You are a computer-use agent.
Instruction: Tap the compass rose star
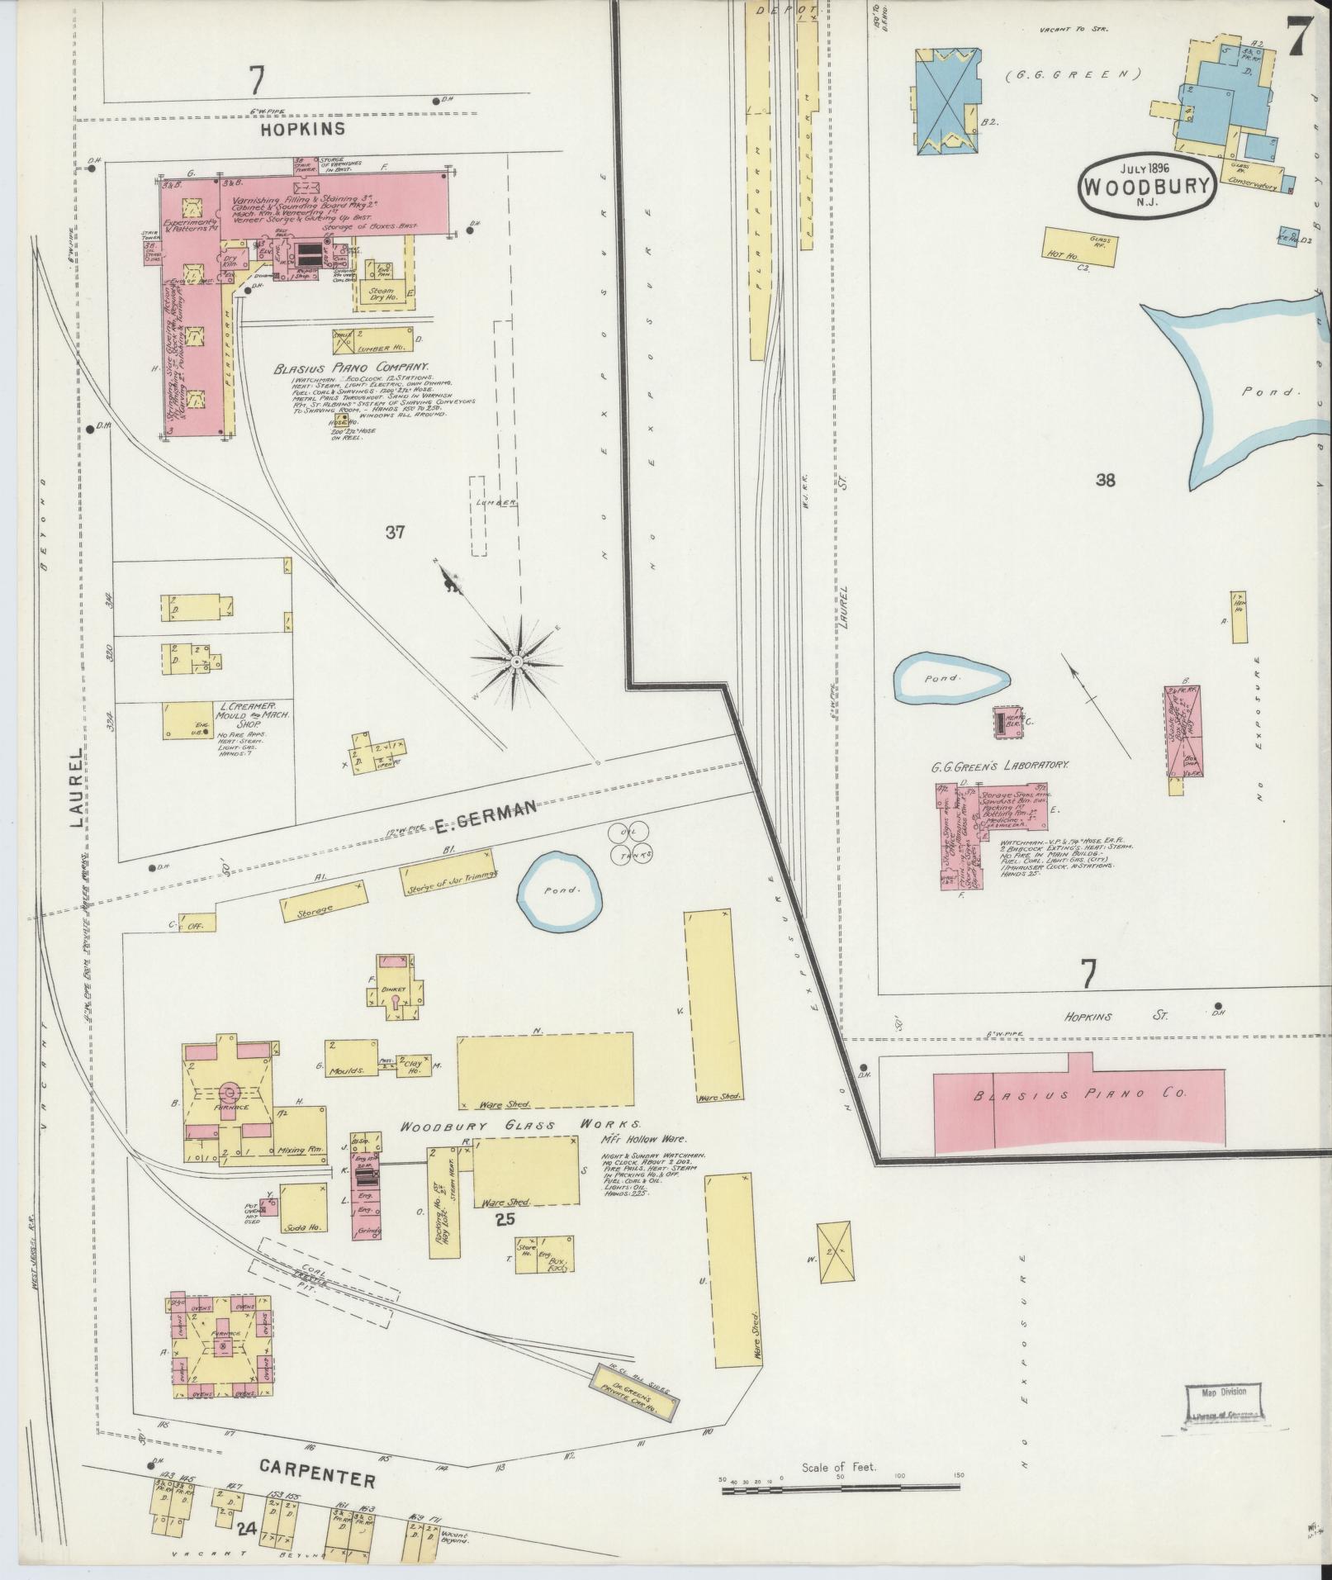coord(516,662)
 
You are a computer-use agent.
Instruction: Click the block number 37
coord(395,532)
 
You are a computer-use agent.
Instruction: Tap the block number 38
coord(1105,480)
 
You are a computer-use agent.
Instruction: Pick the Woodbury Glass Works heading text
coord(520,1125)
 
